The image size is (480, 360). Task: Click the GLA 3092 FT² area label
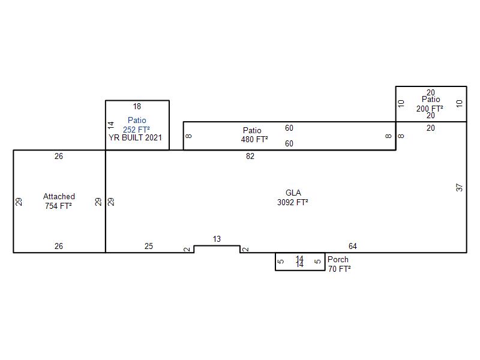tap(293, 197)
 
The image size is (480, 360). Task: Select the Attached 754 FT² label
tap(59, 201)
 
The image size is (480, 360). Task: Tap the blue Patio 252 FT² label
tap(137, 125)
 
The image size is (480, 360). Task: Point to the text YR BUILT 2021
tap(135, 138)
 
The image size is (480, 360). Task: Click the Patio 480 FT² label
tap(254, 135)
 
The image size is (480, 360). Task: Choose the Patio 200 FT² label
tap(430, 104)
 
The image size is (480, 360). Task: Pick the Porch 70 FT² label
tap(339, 264)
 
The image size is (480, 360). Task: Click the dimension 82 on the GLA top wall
tap(250, 156)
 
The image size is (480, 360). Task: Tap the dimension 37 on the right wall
tap(459, 188)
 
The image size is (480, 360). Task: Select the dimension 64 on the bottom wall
tap(353, 246)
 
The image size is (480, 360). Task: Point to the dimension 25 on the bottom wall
tap(149, 246)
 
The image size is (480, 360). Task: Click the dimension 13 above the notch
tap(217, 239)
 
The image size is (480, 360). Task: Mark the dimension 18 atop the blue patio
tap(137, 106)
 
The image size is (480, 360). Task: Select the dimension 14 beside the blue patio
tap(111, 125)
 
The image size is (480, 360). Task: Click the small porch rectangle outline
tap(275, 262)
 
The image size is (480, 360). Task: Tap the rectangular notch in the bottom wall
tap(217, 245)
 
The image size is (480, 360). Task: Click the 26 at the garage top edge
tap(59, 156)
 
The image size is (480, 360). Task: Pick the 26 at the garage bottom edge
tap(59, 246)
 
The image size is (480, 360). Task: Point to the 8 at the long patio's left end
tap(188, 136)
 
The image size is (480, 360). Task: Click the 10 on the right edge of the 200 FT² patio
tap(460, 103)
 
